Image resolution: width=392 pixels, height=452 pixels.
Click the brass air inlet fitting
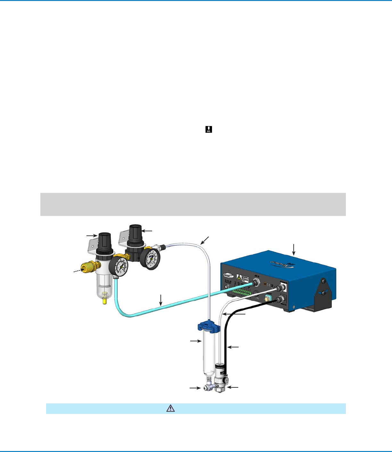[89, 267]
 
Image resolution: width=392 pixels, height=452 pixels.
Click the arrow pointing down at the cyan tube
[161, 299]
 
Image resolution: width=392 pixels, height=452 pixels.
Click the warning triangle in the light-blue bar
[171, 408]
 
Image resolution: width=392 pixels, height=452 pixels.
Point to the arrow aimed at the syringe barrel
[194, 341]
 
